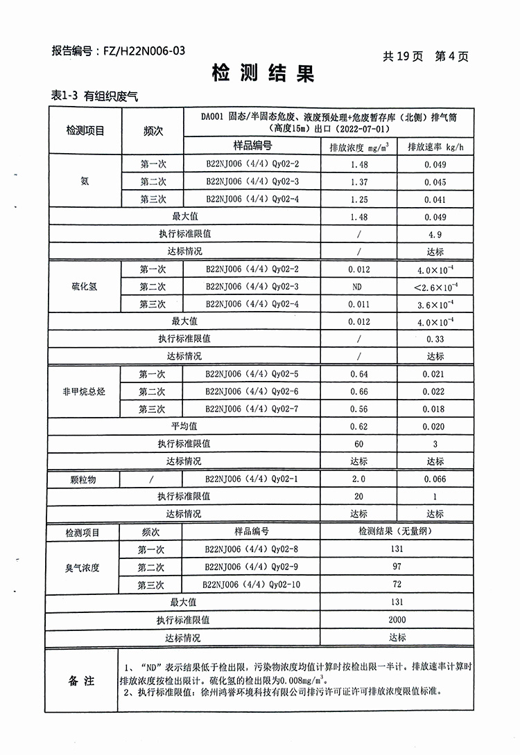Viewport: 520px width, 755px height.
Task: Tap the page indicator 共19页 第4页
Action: (425, 56)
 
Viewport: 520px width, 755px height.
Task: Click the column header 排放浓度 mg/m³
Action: (358, 147)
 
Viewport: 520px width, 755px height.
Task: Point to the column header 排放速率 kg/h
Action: (435, 147)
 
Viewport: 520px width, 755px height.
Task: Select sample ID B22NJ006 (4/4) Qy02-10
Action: (251, 585)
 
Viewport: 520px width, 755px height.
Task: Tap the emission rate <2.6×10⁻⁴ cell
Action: (435, 287)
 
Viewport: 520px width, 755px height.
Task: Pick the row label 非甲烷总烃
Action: (84, 392)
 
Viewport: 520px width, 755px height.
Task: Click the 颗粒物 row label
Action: (83, 479)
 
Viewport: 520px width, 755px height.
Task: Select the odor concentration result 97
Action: (397, 567)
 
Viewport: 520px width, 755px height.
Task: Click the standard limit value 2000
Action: (397, 620)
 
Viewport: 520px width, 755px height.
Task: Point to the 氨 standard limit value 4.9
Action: (435, 235)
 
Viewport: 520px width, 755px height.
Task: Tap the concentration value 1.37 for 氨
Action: (358, 182)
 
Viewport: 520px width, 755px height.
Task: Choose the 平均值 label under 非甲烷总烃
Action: (184, 427)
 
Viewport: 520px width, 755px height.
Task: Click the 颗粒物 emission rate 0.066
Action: (435, 479)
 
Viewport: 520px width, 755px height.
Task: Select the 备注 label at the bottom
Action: (81, 681)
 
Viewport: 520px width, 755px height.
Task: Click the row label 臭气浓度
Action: (83, 567)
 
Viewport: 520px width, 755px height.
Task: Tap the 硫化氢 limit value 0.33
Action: (435, 339)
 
